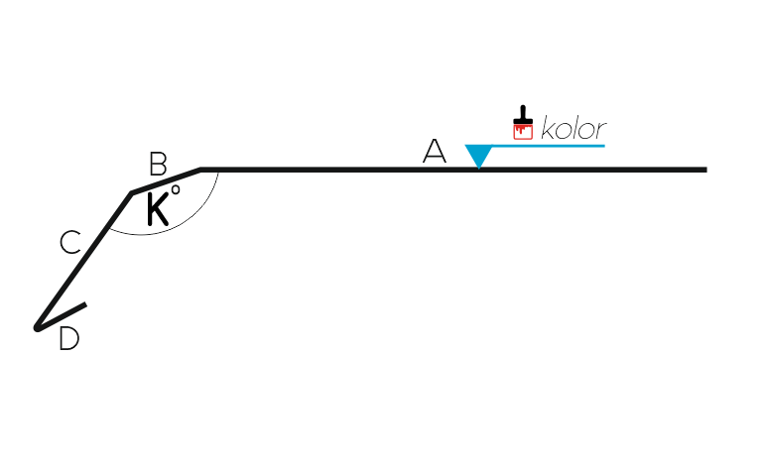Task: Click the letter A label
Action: pos(435,151)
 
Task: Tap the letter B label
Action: pos(158,164)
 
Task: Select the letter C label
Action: pos(70,242)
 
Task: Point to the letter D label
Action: pos(68,338)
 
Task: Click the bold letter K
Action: pos(158,208)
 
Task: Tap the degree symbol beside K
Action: pos(176,189)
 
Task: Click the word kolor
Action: pos(574,129)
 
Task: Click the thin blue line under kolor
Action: pos(549,146)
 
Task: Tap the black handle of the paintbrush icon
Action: pos(523,115)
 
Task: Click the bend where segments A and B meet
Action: pos(200,170)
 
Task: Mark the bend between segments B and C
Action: pos(131,193)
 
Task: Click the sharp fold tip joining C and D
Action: pos(36,328)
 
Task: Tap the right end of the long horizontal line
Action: pos(706,170)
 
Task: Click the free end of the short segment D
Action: pos(86,304)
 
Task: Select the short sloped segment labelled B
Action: pos(166,181)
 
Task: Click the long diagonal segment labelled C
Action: pos(84,261)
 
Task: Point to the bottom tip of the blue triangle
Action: pos(478,169)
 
